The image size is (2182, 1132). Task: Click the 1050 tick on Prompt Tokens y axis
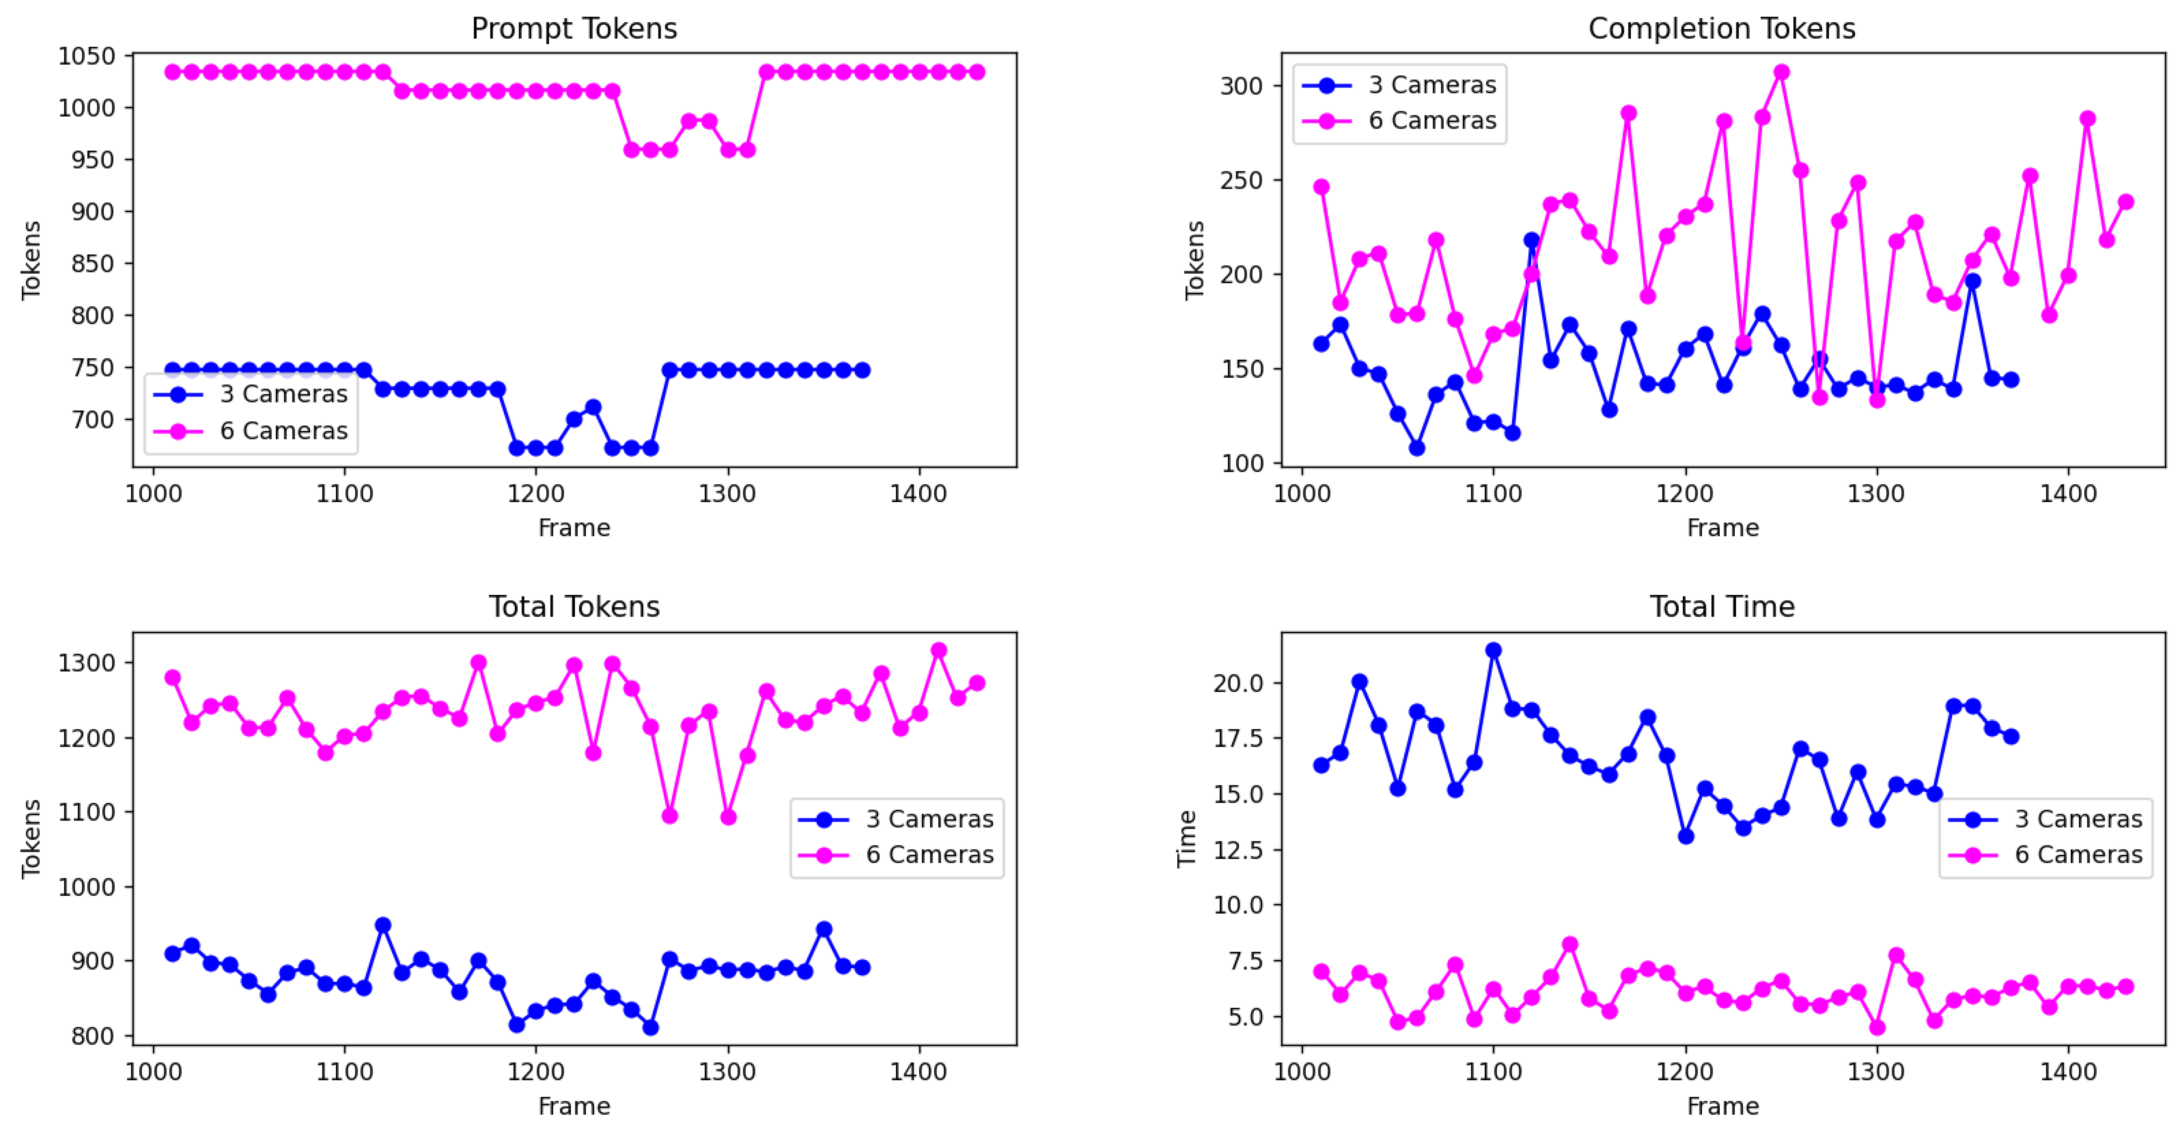click(x=86, y=56)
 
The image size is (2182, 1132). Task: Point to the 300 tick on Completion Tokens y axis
click(x=1241, y=86)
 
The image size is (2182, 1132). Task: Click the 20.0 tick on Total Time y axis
click(x=1238, y=683)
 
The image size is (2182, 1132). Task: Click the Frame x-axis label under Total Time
click(x=1722, y=1106)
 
